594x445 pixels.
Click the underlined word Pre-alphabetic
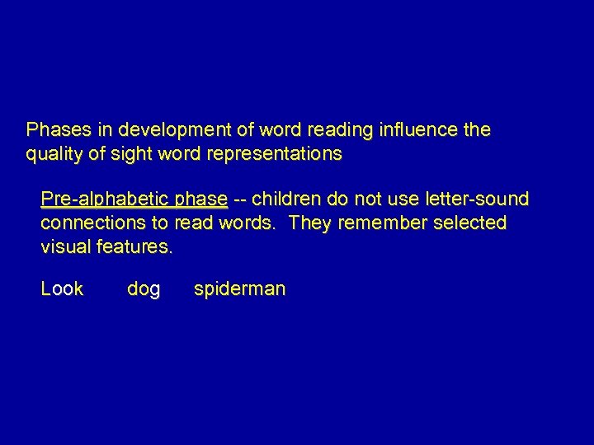[x=105, y=199]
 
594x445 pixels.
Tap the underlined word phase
[x=201, y=199]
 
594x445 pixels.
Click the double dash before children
[x=240, y=199]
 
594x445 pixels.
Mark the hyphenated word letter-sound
[x=475, y=199]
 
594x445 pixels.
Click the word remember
[x=376, y=223]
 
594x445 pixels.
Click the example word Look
[x=62, y=288]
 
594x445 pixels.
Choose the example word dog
[x=144, y=289]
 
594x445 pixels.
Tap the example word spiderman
[x=239, y=289]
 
